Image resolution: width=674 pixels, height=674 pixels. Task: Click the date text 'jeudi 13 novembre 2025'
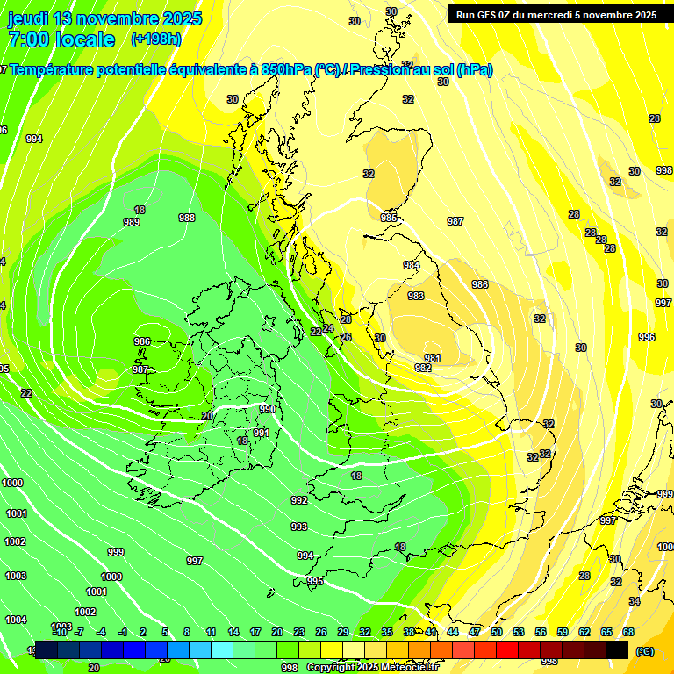click(x=104, y=18)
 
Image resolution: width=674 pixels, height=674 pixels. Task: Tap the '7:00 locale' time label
click(x=61, y=39)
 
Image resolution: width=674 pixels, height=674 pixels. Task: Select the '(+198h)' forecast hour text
click(x=156, y=39)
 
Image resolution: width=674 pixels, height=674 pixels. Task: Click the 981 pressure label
click(x=432, y=358)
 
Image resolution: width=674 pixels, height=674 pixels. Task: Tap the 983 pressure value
click(x=416, y=296)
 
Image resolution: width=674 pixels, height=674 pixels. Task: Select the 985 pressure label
click(x=389, y=217)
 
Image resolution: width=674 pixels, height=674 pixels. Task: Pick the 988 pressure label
click(x=187, y=218)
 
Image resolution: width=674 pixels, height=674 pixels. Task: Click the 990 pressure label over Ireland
click(x=268, y=409)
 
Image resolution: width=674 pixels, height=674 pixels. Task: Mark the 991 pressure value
click(x=262, y=433)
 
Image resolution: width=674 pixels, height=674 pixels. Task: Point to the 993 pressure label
click(x=299, y=527)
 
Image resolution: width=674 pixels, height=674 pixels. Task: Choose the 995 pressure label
click(x=315, y=581)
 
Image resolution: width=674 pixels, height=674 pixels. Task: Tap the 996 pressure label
click(x=647, y=337)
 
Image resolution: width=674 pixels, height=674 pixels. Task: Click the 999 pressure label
click(x=116, y=552)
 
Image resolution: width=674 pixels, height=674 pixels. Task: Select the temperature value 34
click(x=634, y=601)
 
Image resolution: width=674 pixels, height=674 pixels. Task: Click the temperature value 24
click(x=328, y=328)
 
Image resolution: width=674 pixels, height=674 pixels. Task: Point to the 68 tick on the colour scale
click(x=628, y=632)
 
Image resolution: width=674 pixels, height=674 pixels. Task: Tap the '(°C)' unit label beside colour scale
click(x=645, y=650)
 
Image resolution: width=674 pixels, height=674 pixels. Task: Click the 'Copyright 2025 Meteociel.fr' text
click(x=372, y=667)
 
